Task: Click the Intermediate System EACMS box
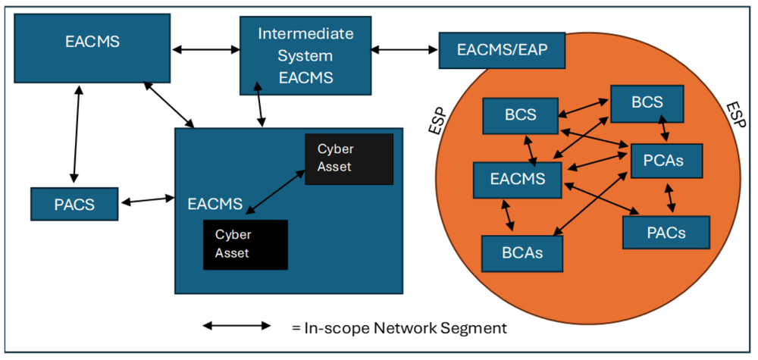pyautogui.click(x=305, y=55)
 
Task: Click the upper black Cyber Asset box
pyautogui.click(x=349, y=158)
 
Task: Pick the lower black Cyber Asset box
pyautogui.click(x=246, y=244)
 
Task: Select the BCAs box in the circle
pyautogui.click(x=523, y=252)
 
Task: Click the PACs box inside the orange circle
pyautogui.click(x=666, y=232)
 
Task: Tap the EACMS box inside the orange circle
pyautogui.click(x=518, y=180)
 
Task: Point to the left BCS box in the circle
pyautogui.click(x=520, y=116)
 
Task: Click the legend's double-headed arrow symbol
pyautogui.click(x=236, y=327)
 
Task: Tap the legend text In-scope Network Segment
pyautogui.click(x=399, y=328)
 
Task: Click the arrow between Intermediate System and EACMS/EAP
pyautogui.click(x=406, y=50)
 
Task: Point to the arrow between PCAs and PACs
pyautogui.click(x=670, y=197)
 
